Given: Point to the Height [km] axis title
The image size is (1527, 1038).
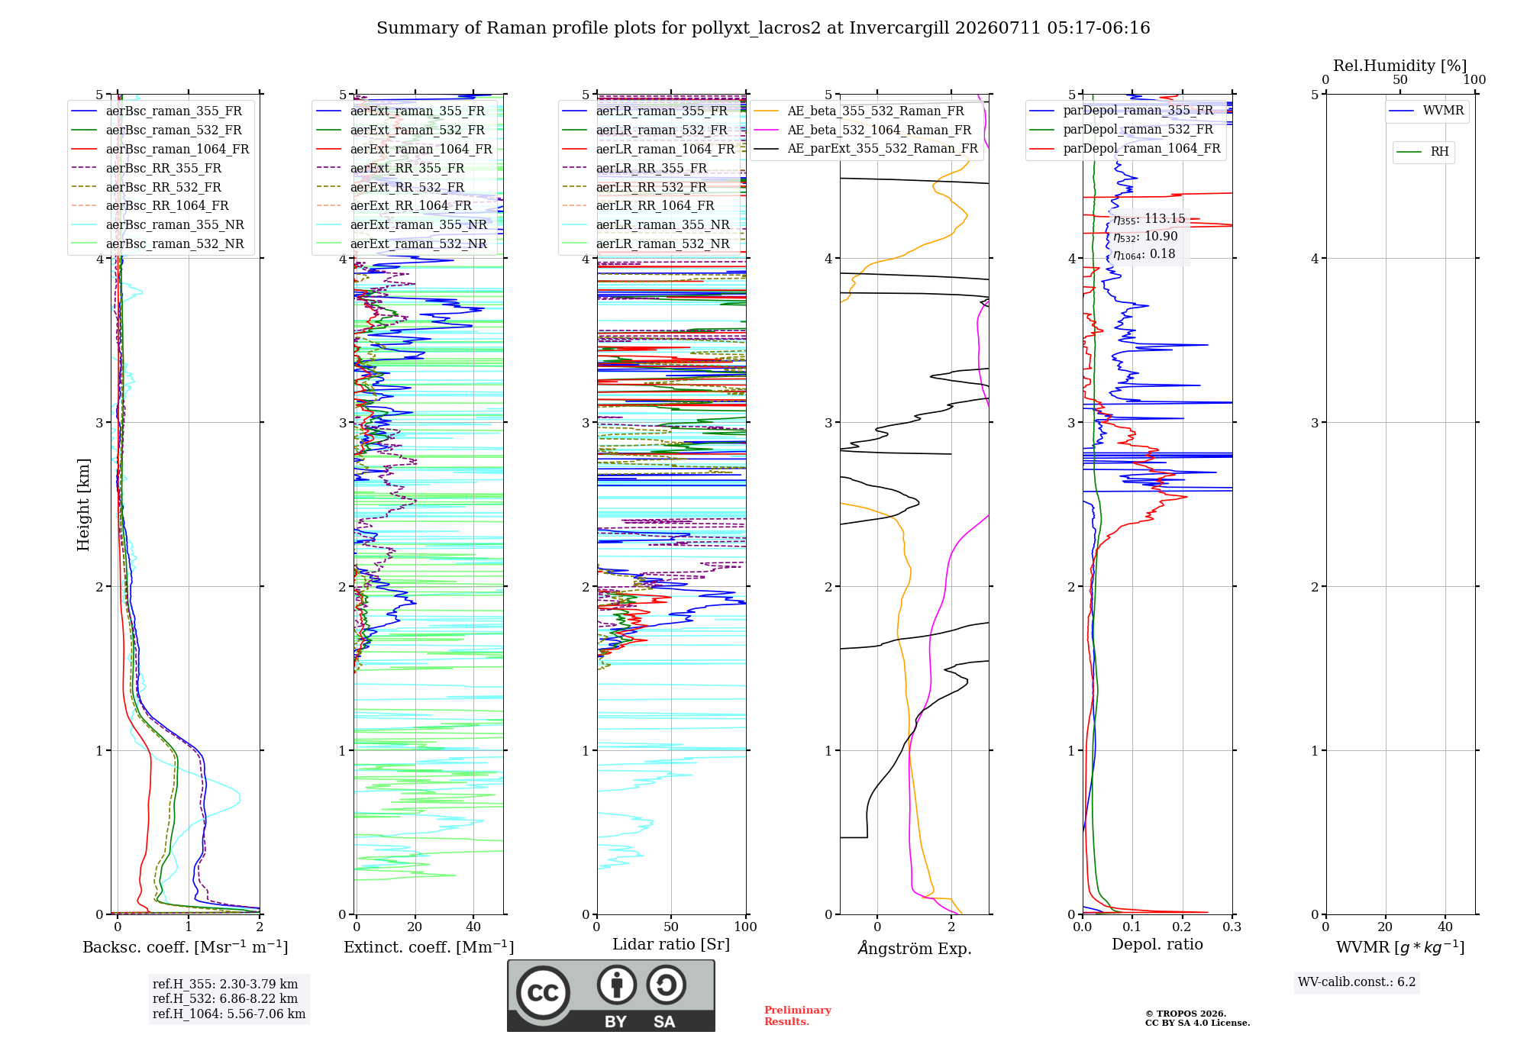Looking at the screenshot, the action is point(83,504).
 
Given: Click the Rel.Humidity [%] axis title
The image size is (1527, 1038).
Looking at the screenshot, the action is point(1399,66).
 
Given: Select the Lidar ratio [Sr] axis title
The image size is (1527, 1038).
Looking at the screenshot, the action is point(671,944).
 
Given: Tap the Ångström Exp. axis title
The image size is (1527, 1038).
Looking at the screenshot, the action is point(915,948).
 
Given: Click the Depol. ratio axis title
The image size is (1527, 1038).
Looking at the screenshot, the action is point(1157,944).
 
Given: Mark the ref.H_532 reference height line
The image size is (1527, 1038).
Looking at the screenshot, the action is point(225,998).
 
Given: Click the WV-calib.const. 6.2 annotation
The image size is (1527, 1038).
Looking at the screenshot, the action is point(1357,982).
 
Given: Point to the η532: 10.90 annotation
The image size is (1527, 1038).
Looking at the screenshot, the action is point(1145,237).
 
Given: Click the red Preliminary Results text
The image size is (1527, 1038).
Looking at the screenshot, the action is point(798,1016).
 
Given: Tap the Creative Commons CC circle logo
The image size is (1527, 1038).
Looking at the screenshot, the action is point(543,992).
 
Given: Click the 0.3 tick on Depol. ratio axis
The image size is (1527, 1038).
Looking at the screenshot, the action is point(1232,927).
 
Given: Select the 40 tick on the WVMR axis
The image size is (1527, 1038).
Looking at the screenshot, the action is point(1445,927).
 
